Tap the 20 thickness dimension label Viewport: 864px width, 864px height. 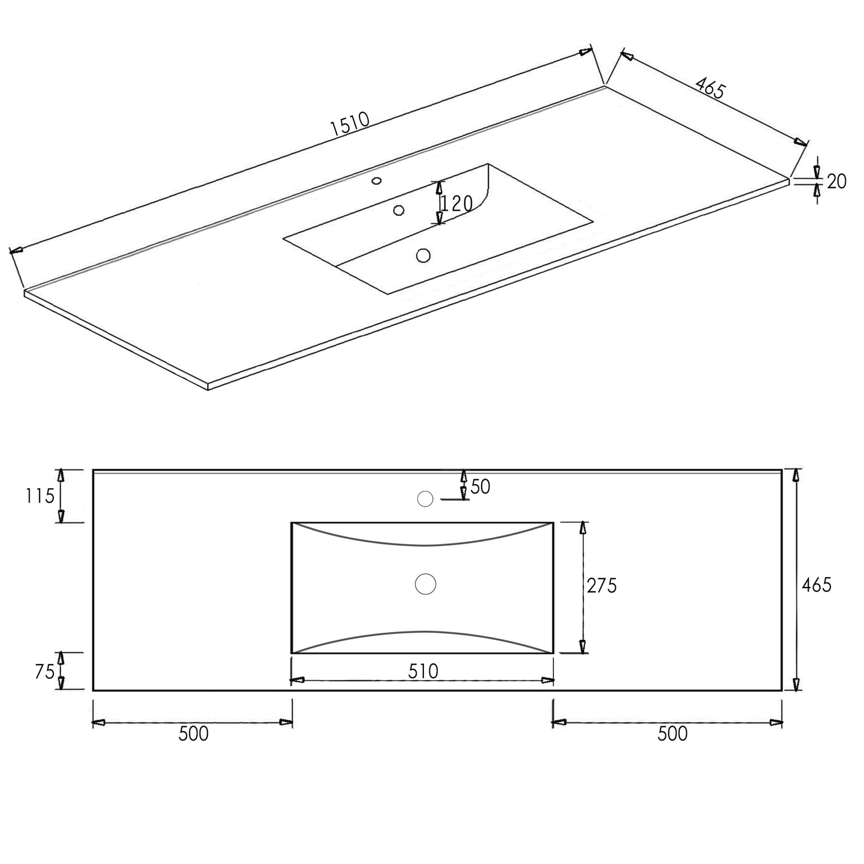(837, 181)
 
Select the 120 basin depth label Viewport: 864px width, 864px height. (456, 204)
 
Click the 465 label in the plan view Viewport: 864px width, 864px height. (817, 585)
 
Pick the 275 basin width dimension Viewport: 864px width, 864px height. (602, 585)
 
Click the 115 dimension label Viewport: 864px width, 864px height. (40, 496)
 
